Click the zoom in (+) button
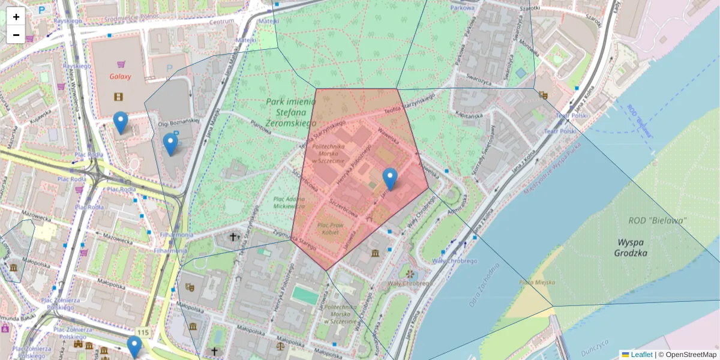[16, 17]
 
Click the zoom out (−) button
[16, 35]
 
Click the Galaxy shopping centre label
[120, 77]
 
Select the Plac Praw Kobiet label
[328, 228]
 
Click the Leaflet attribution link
[641, 355]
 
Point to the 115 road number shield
[142, 332]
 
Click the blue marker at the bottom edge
[134, 346]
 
